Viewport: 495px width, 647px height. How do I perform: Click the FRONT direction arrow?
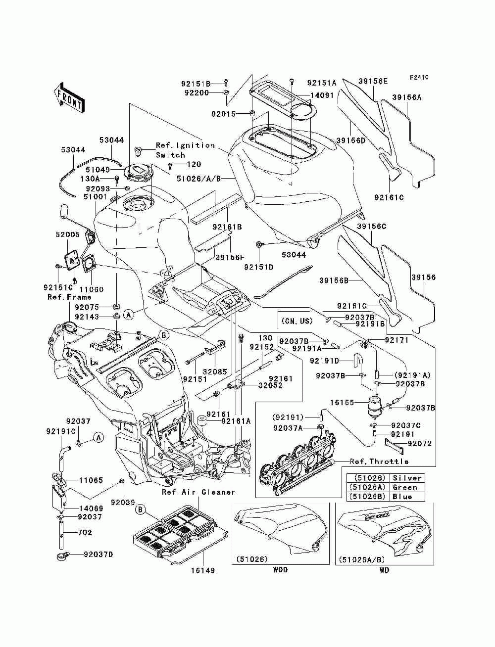(x=69, y=97)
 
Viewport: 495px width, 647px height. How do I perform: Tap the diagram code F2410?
(x=419, y=78)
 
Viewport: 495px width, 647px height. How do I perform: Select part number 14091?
(x=322, y=95)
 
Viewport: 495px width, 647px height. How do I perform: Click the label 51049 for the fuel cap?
(x=98, y=170)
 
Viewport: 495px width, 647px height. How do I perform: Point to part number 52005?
(x=68, y=234)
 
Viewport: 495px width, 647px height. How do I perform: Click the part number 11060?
(x=92, y=289)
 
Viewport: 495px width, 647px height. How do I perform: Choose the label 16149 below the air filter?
(x=202, y=570)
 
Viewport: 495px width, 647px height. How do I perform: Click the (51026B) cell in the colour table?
(x=368, y=496)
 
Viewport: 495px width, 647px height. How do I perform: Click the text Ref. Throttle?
(x=379, y=462)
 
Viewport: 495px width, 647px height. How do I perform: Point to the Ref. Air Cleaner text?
(x=198, y=492)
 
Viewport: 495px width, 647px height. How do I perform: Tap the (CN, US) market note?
(x=297, y=321)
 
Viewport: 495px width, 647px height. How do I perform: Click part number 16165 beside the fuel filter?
(x=342, y=402)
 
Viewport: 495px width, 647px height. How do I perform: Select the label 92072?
(x=419, y=443)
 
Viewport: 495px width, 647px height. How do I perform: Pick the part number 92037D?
(x=98, y=555)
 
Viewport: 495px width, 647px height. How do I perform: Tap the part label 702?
(x=85, y=532)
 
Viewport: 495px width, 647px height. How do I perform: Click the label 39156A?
(x=407, y=97)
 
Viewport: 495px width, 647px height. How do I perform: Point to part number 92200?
(x=197, y=92)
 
